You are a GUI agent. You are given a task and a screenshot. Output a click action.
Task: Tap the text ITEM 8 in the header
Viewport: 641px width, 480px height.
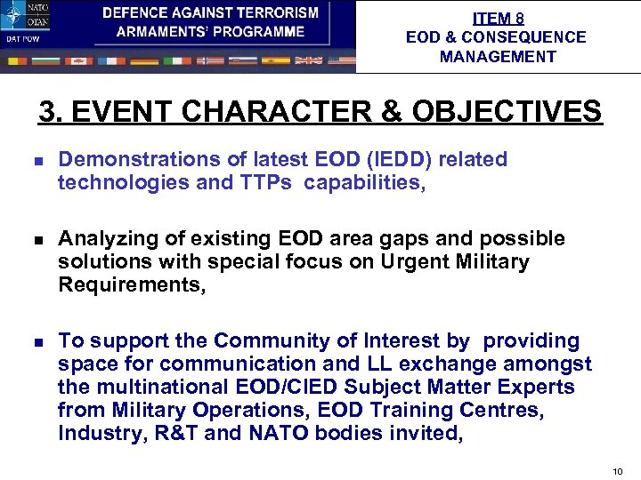click(497, 18)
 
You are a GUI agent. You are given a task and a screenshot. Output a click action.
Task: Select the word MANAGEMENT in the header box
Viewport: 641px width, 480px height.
click(497, 57)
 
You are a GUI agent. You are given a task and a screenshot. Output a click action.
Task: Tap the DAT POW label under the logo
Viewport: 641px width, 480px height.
click(21, 39)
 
